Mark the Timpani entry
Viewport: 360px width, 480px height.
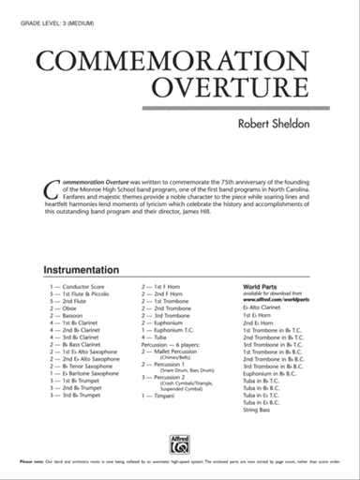pyautogui.click(x=166, y=397)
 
